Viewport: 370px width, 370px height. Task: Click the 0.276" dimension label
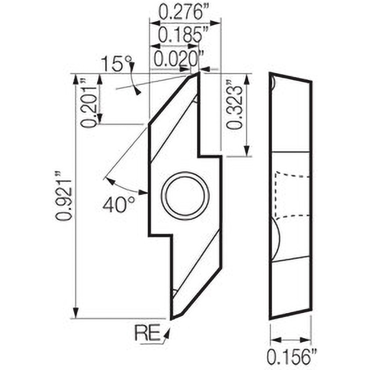[x=181, y=11]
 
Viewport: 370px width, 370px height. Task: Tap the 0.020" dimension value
[x=179, y=58]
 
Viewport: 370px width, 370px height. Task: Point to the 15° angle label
[x=116, y=64]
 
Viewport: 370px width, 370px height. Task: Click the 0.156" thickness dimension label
[x=292, y=357]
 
